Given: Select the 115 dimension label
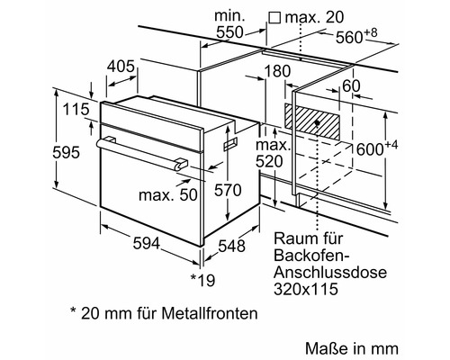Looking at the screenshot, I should click(76, 110).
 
